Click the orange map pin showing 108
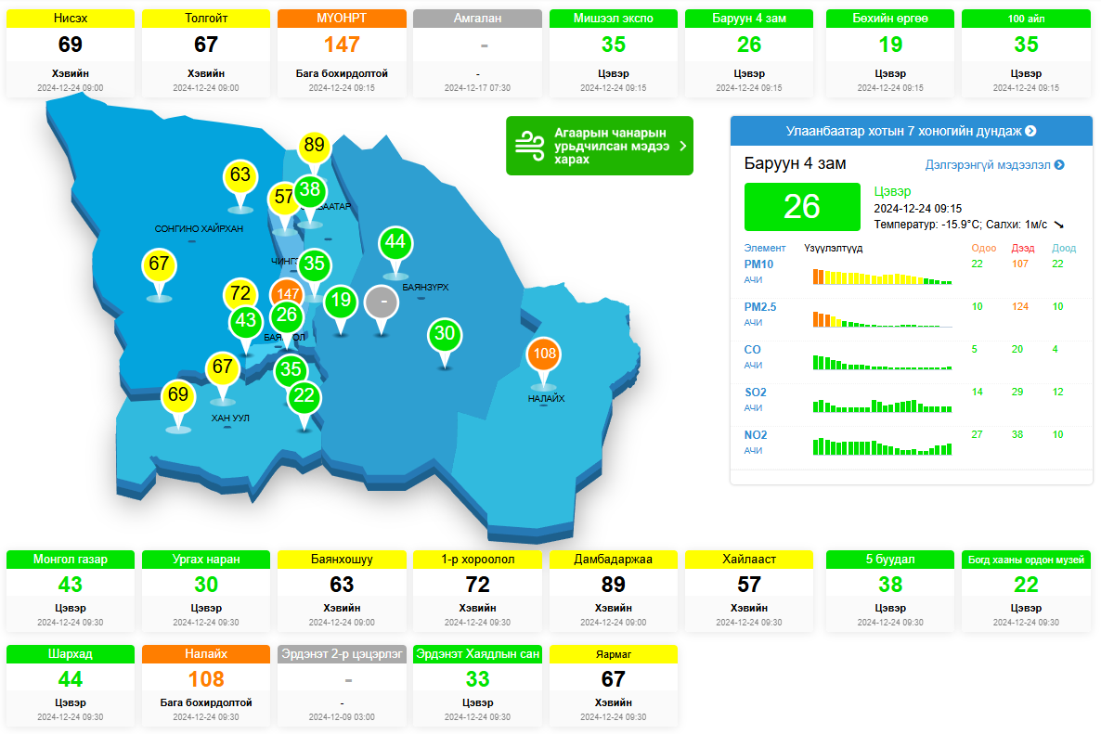point(544,354)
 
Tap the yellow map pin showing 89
point(314,145)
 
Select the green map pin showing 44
point(395,242)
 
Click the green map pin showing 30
point(445,334)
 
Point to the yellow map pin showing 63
point(240,174)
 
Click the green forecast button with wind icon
point(599,146)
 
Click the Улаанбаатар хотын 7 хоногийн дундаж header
point(911,131)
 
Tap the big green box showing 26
point(801,207)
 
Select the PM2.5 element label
point(759,307)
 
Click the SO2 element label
point(755,393)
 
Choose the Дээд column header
point(1022,248)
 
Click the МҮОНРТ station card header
point(342,19)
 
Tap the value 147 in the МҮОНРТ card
point(342,45)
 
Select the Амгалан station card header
point(477,19)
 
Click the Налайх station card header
point(206,654)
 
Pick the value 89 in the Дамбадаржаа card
point(613,585)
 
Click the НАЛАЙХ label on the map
point(546,399)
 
